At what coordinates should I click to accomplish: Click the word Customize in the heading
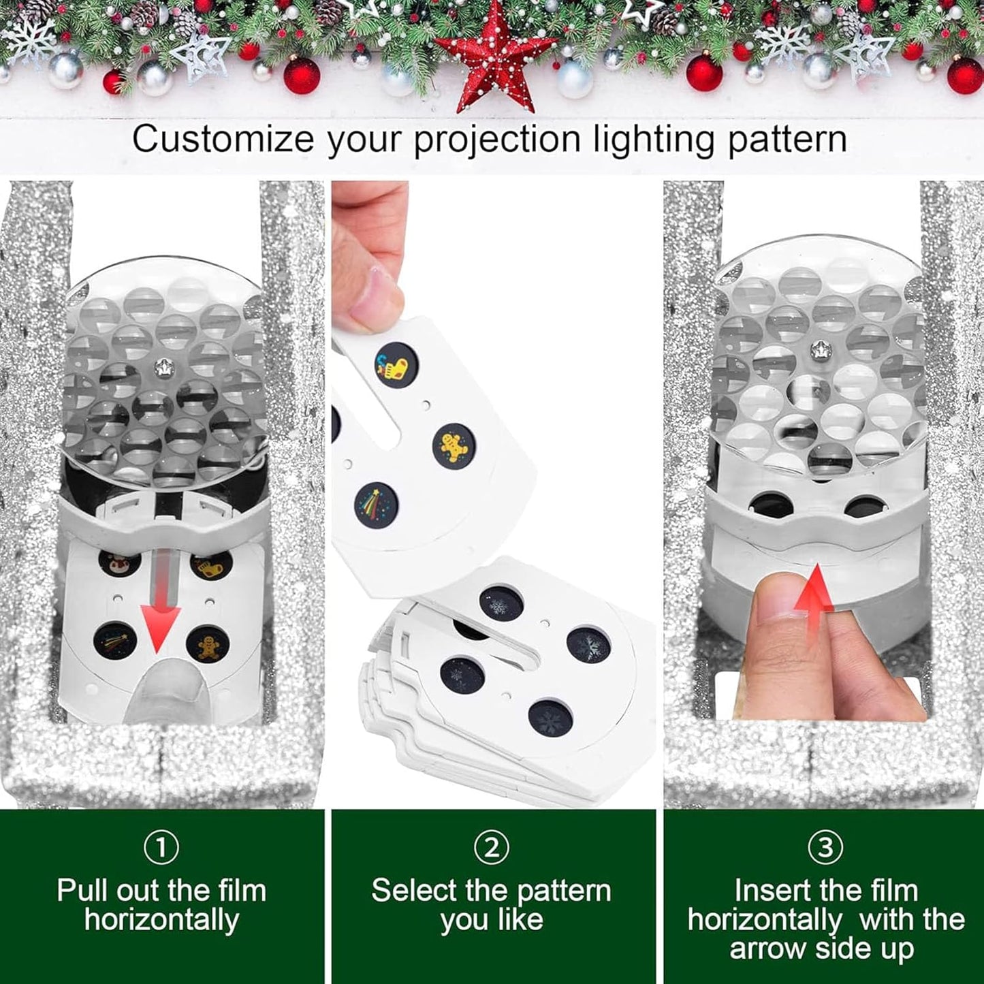click(x=223, y=140)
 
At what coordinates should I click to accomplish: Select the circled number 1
click(x=161, y=848)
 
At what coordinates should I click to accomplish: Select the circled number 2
click(x=491, y=848)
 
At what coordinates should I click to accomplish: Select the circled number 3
click(x=825, y=848)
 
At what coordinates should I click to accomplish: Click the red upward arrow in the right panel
click(x=815, y=587)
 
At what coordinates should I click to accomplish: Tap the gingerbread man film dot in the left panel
click(x=207, y=645)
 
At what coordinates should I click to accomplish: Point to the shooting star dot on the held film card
click(x=376, y=504)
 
